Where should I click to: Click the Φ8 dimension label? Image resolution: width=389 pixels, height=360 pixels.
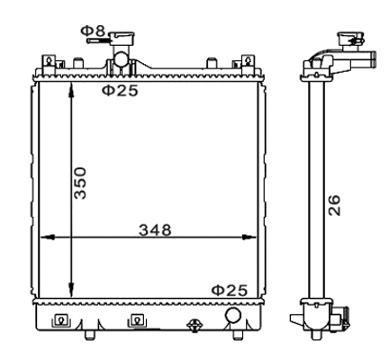coord(93,32)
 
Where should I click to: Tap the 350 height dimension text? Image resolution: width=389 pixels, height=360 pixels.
coord(81,184)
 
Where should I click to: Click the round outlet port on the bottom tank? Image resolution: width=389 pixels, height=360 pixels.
coord(233,316)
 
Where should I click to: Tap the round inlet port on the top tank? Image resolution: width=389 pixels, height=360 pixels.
coord(120,66)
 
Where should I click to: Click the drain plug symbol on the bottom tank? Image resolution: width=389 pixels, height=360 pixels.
coord(193,325)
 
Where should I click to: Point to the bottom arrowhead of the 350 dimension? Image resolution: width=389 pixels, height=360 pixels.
coord(71,294)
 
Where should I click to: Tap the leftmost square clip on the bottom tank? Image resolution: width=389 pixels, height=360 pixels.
coord(60,320)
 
